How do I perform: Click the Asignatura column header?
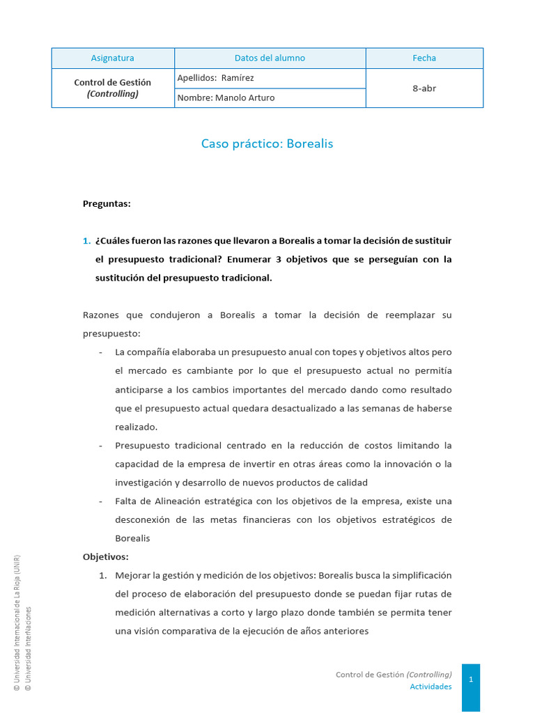click(x=113, y=58)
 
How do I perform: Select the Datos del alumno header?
click(x=270, y=58)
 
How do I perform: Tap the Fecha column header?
click(x=424, y=58)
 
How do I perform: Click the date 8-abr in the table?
click(x=424, y=88)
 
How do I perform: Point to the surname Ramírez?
click(x=238, y=78)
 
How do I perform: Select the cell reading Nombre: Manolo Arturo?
click(x=226, y=98)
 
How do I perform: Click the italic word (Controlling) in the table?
click(x=113, y=94)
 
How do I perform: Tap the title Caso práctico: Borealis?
click(x=267, y=144)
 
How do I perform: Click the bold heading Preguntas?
click(x=107, y=204)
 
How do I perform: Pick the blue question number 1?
click(x=86, y=241)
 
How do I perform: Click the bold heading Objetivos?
click(x=106, y=557)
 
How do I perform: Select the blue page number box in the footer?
click(x=471, y=680)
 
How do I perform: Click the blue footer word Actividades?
click(x=431, y=687)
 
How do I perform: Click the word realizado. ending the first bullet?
click(x=137, y=427)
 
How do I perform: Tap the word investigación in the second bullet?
click(x=144, y=483)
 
